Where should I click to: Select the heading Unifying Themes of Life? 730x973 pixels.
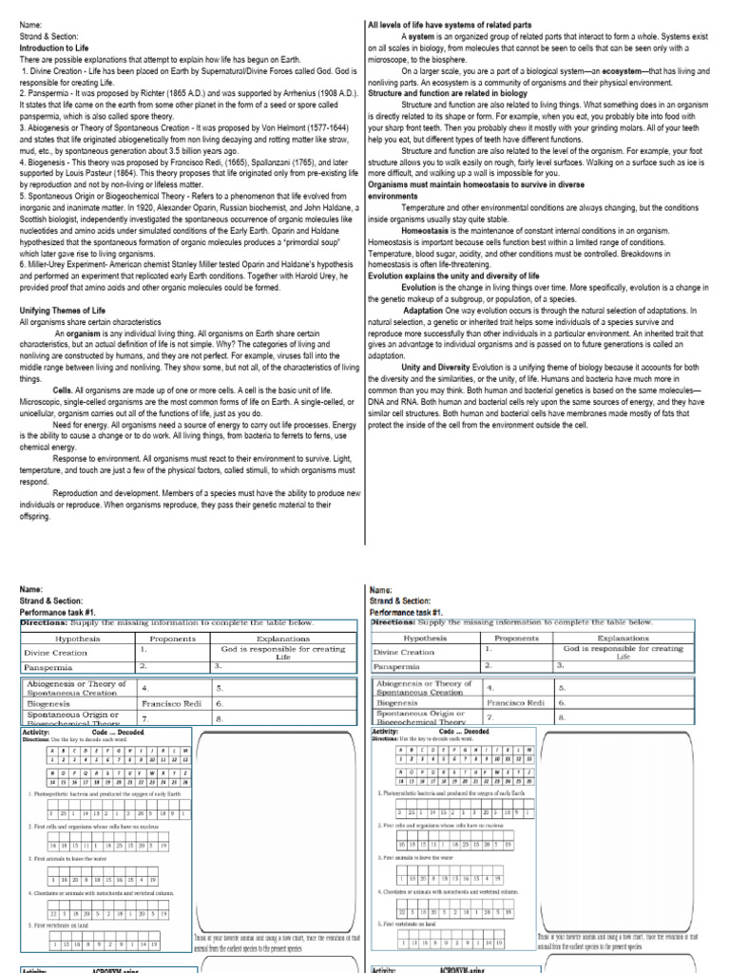[x=61, y=311]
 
